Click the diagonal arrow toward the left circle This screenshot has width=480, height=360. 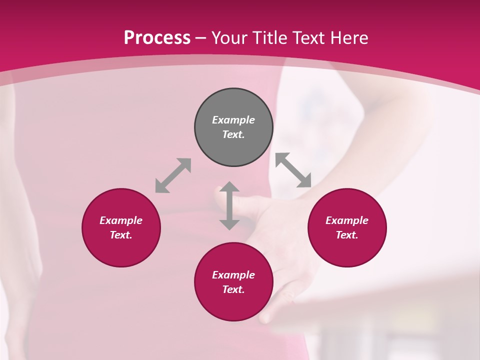pos(173,175)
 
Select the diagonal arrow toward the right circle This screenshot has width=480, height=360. pos(293,170)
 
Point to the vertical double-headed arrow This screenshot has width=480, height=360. pos(229,206)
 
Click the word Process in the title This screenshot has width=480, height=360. pos(157,37)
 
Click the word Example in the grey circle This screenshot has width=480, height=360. pos(233,120)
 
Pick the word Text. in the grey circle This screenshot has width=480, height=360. pos(233,134)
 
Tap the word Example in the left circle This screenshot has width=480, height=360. pos(121,220)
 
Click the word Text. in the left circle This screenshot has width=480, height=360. pos(121,235)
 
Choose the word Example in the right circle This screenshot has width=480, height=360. pos(347,220)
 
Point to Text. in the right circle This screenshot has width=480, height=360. pos(347,235)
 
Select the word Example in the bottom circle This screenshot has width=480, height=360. pos(233,275)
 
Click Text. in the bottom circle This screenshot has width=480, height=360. pos(233,289)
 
